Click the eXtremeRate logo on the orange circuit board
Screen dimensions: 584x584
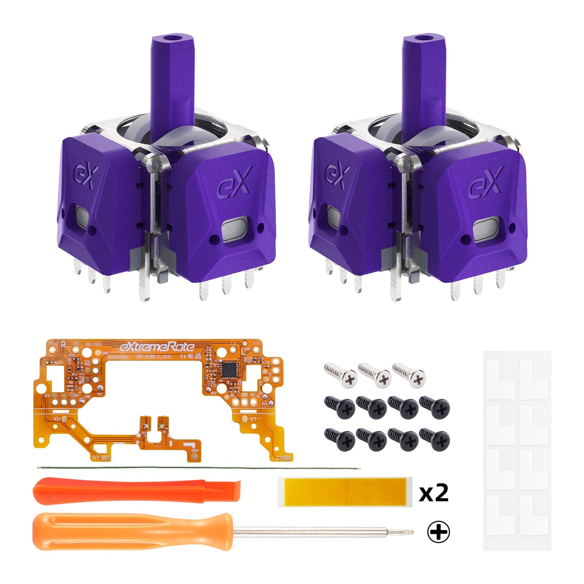[157, 347]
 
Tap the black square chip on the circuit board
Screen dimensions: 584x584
[227, 369]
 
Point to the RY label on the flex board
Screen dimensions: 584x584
[96, 457]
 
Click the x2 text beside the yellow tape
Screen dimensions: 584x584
[434, 493]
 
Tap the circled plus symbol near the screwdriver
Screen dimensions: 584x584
[439, 533]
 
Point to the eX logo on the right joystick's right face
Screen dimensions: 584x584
[486, 182]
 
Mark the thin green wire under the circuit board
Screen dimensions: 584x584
[198, 468]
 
